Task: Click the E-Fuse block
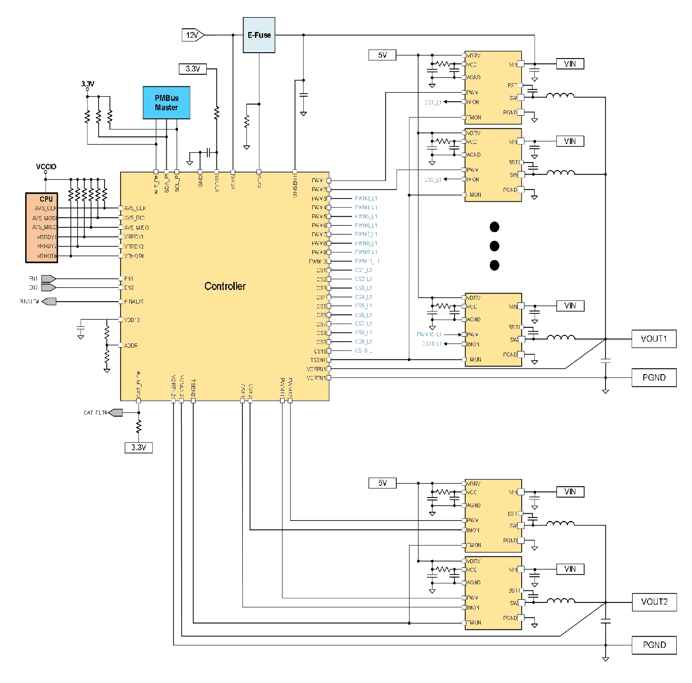point(259,35)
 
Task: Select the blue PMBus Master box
point(166,103)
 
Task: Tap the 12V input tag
point(193,35)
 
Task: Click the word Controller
point(225,286)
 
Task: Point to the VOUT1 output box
point(654,339)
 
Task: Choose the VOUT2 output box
point(654,602)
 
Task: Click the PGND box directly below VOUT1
point(654,377)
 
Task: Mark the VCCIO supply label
point(46,167)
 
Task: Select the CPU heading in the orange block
point(46,199)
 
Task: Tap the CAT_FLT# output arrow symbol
point(116,412)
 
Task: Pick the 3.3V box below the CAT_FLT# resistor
point(139,448)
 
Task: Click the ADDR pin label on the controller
point(131,346)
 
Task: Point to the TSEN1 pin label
point(318,360)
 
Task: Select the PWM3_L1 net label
point(366,199)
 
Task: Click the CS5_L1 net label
point(363,306)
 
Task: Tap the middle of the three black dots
point(494,246)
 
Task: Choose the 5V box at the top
point(382,55)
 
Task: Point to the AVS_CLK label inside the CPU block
point(46,208)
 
